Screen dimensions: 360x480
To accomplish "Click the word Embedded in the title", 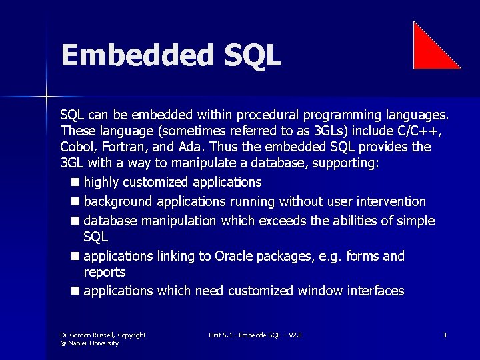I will coord(133,55).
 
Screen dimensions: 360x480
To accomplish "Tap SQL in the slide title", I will coord(248,55).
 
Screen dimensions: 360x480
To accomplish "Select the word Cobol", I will coord(78,147).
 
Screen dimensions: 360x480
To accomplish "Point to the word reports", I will coord(104,272).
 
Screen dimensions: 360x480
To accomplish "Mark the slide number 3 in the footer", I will coord(444,335).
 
